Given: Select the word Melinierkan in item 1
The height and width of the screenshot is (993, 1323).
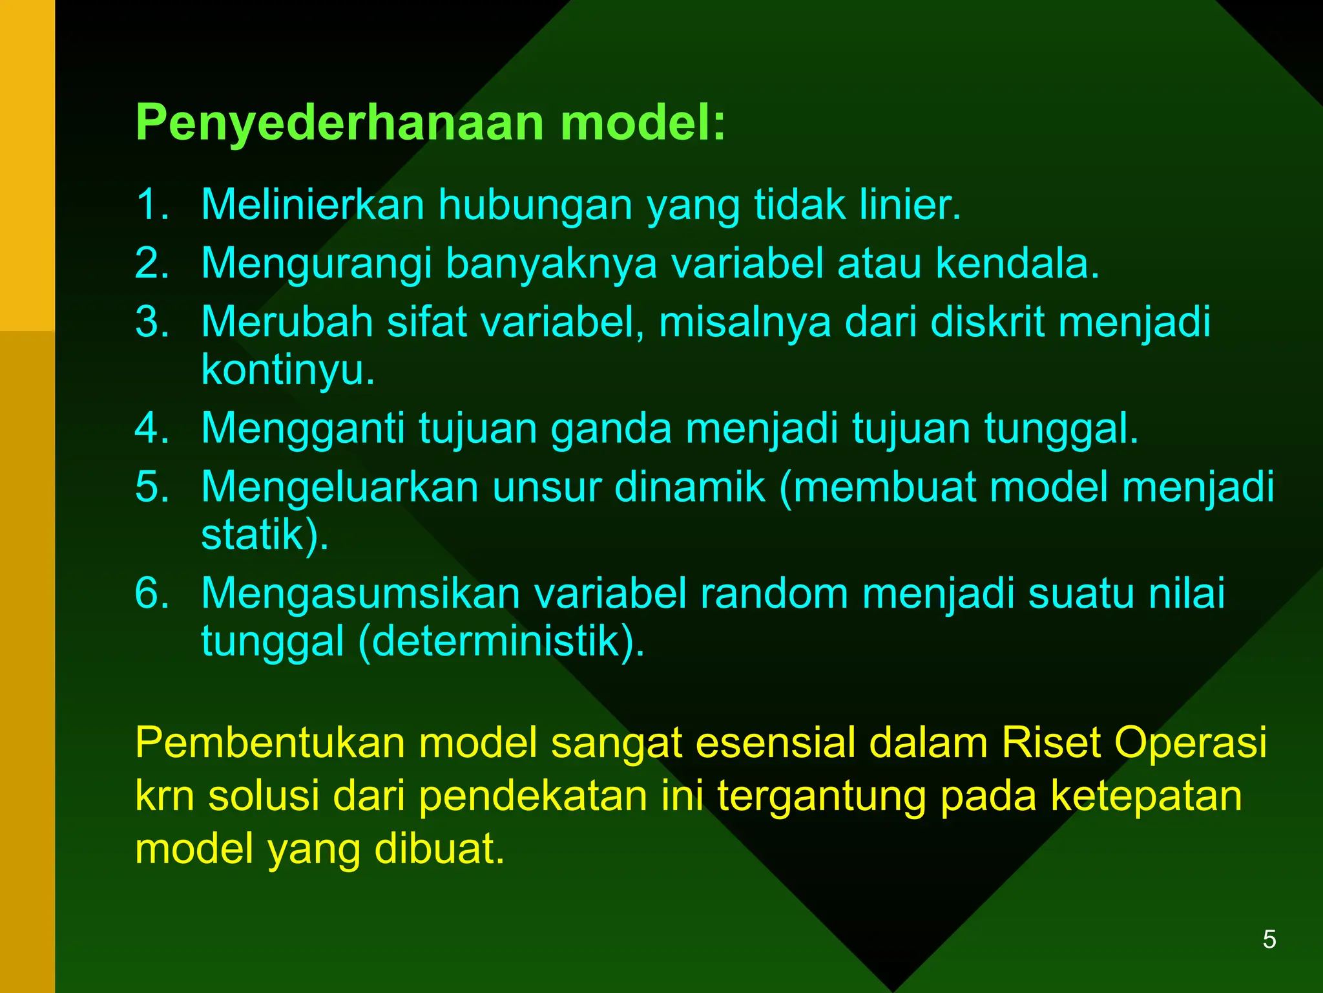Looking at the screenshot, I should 313,205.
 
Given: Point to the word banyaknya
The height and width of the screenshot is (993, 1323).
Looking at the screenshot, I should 551,264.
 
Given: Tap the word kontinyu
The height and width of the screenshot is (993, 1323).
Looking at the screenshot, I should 287,370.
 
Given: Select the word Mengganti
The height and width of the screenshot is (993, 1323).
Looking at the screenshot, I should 303,428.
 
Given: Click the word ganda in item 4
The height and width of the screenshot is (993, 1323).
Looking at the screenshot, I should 611,428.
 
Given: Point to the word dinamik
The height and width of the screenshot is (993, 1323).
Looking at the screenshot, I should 689,487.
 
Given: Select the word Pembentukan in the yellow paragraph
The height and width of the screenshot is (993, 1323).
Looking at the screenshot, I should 270,743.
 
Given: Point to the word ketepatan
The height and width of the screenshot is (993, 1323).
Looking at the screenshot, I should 1146,796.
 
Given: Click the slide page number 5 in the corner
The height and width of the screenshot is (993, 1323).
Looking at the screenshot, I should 1269,939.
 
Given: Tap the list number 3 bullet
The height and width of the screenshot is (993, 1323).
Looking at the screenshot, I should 152,322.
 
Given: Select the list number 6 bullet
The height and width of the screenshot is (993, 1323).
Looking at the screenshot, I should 152,593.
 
